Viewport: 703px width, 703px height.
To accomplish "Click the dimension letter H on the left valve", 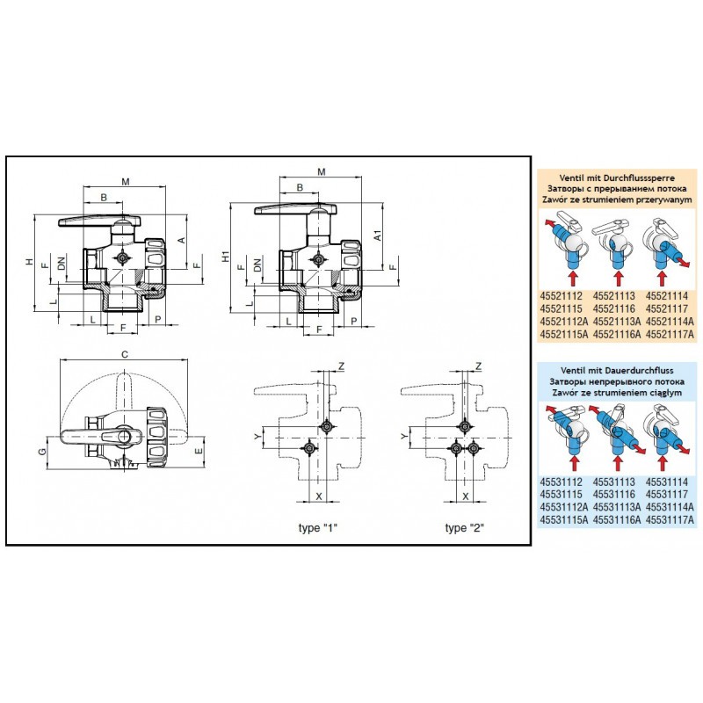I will (x=28, y=263).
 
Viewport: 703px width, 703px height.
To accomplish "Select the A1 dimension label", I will (x=377, y=236).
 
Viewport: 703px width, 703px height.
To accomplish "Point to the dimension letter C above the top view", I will (x=125, y=354).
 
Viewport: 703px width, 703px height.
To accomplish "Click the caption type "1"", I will (x=317, y=527).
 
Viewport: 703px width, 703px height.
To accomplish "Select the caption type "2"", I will (x=465, y=527).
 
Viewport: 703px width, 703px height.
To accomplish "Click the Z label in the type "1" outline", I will (x=342, y=365).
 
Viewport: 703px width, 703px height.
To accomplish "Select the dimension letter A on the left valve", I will (x=181, y=239).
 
